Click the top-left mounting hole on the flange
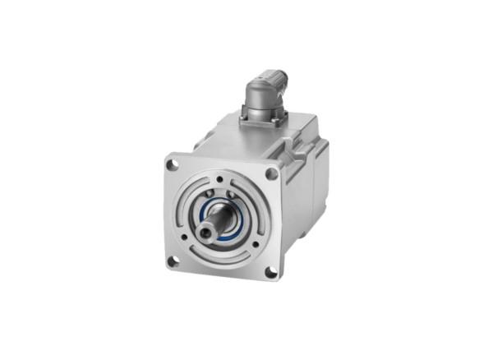click(173, 165)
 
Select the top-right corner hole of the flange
click(271, 173)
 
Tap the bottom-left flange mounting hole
click(173, 261)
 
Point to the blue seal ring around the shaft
click(235, 215)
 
